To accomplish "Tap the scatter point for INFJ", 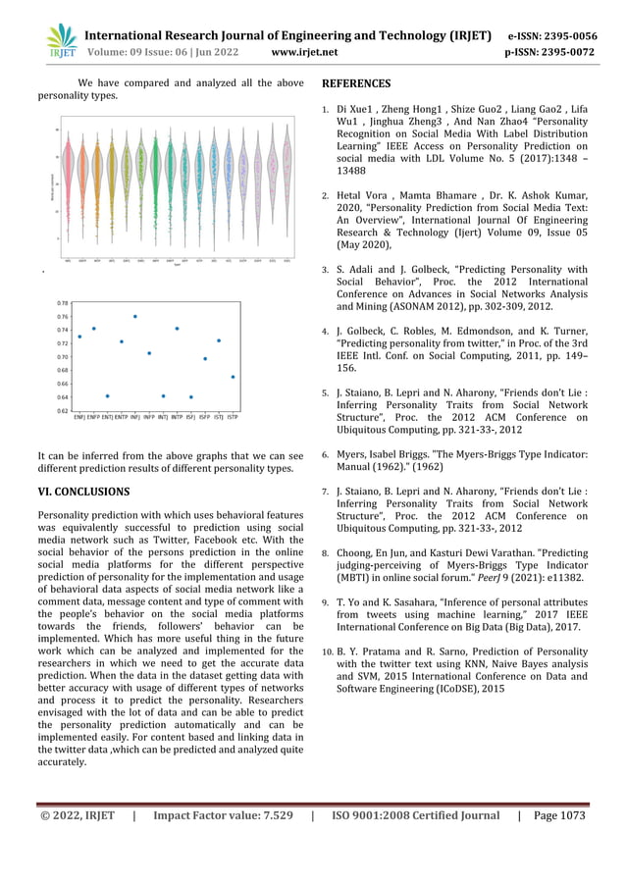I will (x=135, y=317).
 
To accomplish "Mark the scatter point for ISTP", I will (x=233, y=377).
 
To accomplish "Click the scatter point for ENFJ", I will (x=79, y=337).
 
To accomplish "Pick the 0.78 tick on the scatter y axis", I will (x=63, y=303).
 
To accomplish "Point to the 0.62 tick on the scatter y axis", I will (x=63, y=411).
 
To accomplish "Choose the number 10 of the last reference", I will (x=328, y=651).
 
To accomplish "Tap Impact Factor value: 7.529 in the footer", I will (x=223, y=815).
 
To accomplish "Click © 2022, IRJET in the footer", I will (x=77, y=815).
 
